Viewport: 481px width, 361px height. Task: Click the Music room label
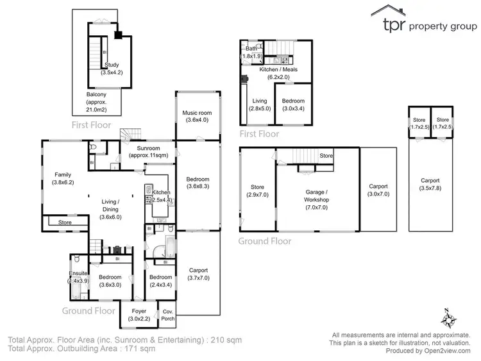click(x=198, y=113)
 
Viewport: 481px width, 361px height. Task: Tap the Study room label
click(x=112, y=65)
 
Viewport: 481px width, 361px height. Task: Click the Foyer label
click(x=138, y=311)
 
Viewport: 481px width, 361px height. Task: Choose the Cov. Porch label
click(x=167, y=315)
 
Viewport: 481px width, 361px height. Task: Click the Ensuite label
click(x=78, y=273)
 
